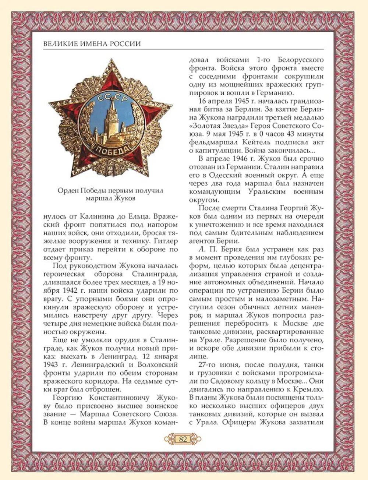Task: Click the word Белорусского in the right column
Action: click(301, 60)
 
